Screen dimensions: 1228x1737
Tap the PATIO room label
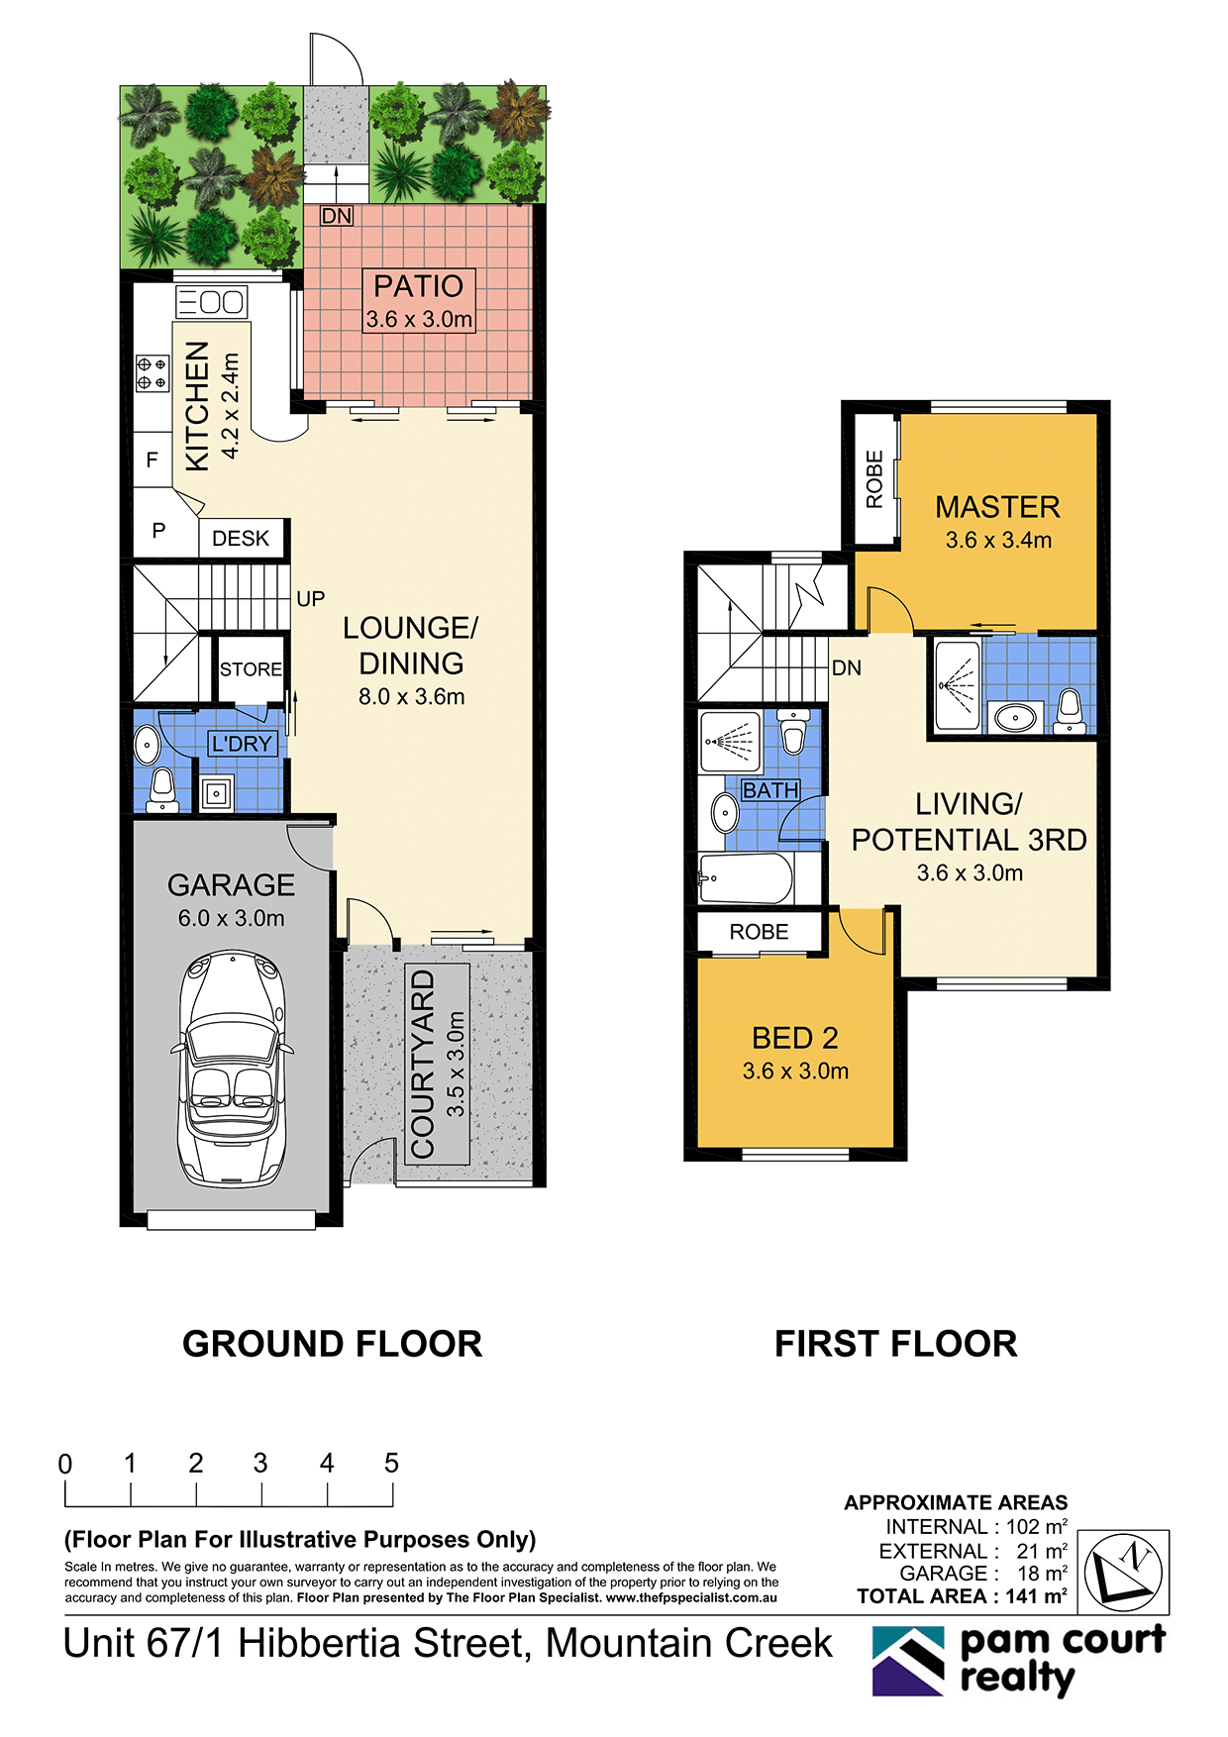418,286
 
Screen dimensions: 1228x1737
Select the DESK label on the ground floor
241,538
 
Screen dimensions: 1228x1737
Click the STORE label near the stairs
251,669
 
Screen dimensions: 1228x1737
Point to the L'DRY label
242,744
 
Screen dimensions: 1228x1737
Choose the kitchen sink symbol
211,301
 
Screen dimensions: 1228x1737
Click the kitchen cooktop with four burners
152,373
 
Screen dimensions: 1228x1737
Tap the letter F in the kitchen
152,460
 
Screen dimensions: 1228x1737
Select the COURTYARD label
424,1064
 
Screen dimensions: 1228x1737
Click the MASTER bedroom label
997,507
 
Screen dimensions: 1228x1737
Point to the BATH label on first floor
770,790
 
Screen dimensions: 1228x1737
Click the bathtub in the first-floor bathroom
747,877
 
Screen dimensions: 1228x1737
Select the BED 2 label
795,1038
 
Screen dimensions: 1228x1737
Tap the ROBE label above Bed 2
759,932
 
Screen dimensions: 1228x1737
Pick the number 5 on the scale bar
391,1463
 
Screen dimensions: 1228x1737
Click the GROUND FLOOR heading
332,1344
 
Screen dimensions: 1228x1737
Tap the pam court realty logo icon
908,1662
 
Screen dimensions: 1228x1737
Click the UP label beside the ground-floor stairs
310,599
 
